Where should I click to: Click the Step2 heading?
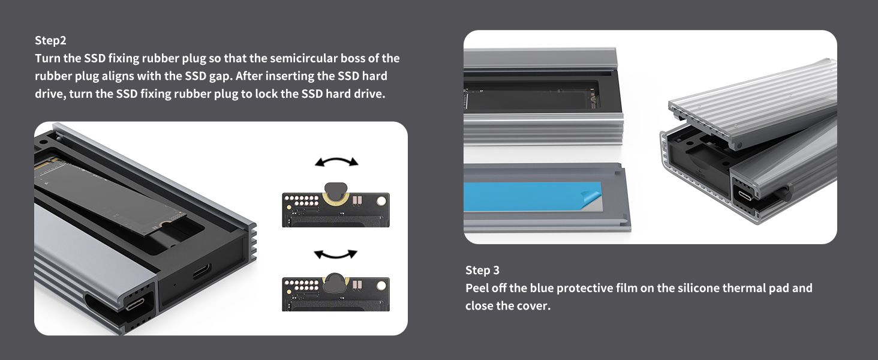click(x=50, y=40)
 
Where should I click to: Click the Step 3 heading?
click(x=483, y=270)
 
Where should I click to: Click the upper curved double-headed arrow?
click(x=336, y=161)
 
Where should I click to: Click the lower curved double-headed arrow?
click(x=336, y=255)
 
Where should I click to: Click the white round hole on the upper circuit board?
click(x=381, y=202)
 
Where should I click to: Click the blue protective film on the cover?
click(x=530, y=196)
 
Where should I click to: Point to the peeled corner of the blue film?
click(x=592, y=196)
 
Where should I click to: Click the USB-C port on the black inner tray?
click(x=202, y=271)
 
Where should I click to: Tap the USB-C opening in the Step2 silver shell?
click(x=134, y=303)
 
